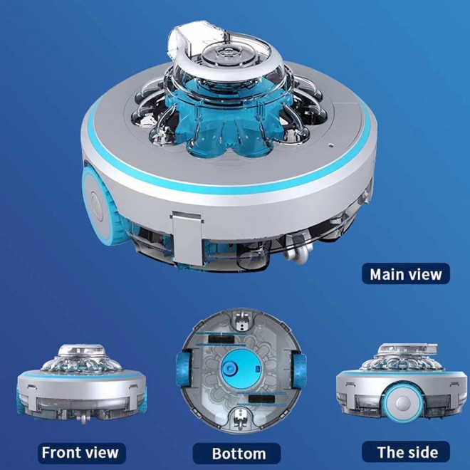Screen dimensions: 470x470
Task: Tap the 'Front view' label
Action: coord(80,451)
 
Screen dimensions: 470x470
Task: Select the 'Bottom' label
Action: coord(239,453)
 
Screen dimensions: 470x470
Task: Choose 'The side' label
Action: coord(407,451)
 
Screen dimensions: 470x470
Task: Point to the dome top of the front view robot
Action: coord(80,350)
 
